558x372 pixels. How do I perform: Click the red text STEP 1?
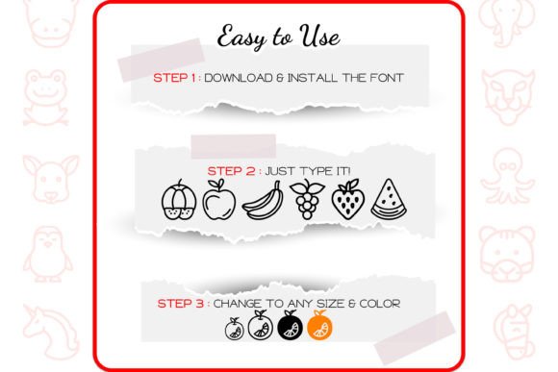(174, 78)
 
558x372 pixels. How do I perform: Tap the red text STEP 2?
(231, 171)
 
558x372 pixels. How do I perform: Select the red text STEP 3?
(181, 304)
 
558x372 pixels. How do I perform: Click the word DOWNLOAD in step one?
(239, 78)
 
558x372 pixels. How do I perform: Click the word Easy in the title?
(241, 37)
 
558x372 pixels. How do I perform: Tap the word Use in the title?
(319, 36)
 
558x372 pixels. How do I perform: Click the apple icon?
(218, 199)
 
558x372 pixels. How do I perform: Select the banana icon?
(263, 201)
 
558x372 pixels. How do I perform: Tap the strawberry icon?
(348, 199)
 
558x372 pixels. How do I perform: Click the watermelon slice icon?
(389, 198)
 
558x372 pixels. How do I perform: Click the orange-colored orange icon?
(319, 325)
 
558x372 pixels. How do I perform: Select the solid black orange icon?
(290, 325)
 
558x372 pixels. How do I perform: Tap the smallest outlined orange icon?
(234, 329)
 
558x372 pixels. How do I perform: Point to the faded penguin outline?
(47, 254)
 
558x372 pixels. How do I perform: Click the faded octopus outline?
(507, 176)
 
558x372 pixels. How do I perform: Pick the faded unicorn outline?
(51, 331)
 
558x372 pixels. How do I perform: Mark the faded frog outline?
(45, 98)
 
